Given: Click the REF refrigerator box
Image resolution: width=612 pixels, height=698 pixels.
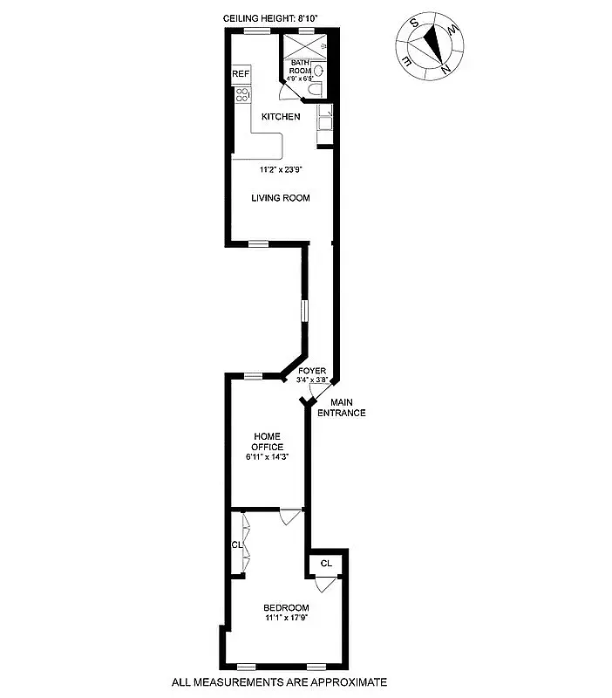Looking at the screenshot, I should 241,75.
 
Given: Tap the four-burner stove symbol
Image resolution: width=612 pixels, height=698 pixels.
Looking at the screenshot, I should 241,96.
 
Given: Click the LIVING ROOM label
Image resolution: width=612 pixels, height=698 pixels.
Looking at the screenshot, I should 281,198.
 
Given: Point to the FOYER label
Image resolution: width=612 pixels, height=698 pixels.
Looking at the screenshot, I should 311,371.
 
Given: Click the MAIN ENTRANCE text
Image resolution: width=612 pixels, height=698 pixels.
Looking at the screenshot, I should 342,407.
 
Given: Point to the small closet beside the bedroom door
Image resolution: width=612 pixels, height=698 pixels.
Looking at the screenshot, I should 326,564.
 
